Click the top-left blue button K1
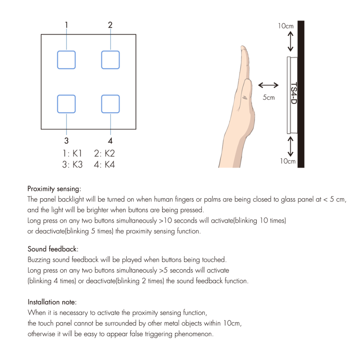point(66,60)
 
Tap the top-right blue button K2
point(110,60)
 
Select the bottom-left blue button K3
point(66,104)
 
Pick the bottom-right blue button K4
point(110,104)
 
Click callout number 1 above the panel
point(66,25)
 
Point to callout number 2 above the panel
point(110,25)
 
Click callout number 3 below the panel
point(66,140)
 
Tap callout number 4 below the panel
point(110,140)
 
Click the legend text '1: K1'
point(72,153)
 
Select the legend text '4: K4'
point(104,164)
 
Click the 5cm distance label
point(268,97)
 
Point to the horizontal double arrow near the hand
point(268,85)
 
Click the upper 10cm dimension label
point(286,26)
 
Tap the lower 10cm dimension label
point(287,161)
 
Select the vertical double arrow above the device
point(290,41)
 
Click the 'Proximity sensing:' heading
point(54,189)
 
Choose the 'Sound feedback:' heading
point(53,249)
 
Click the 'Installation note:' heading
point(52,302)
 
